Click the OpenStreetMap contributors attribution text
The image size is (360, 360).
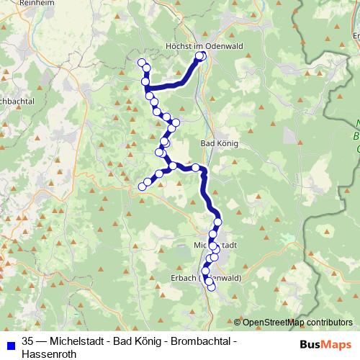point(297,323)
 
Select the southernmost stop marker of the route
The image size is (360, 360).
point(211,287)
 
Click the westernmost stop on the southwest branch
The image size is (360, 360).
point(142,187)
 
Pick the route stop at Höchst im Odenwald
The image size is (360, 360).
point(202,55)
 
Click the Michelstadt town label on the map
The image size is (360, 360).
point(215,245)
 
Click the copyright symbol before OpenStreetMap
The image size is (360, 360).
point(237,323)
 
